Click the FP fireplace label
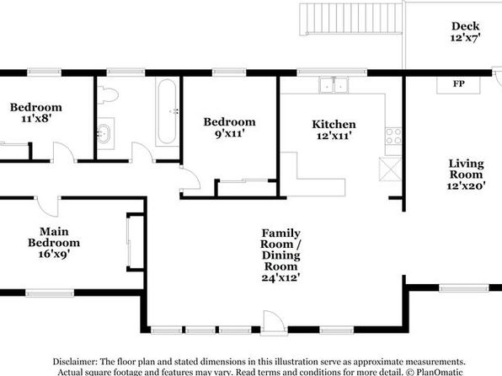[x=458, y=83]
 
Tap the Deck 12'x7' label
[x=465, y=32]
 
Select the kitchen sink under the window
[x=334, y=85]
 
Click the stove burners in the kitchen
[x=393, y=137]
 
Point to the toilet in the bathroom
[x=108, y=94]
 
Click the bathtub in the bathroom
[x=167, y=111]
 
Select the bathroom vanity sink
[x=104, y=133]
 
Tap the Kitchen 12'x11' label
[x=334, y=130]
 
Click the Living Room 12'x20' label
[x=466, y=175]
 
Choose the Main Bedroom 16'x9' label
[x=54, y=242]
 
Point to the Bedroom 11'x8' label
[x=36, y=112]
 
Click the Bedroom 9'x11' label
[x=230, y=127]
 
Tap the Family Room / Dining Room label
[x=280, y=255]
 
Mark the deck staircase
[x=351, y=19]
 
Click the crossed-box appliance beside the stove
[x=390, y=169]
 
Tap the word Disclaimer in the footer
[x=75, y=362]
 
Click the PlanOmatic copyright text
[x=435, y=372]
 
